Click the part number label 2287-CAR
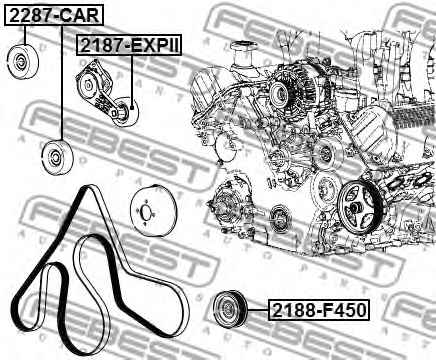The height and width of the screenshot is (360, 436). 54,15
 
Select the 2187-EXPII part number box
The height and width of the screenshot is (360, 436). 130,45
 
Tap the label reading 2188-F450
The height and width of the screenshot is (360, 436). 319,310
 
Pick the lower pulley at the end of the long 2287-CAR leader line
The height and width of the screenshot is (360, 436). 57,157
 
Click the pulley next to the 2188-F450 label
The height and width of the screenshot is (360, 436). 230,309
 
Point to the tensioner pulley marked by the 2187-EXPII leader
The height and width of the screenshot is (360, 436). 124,112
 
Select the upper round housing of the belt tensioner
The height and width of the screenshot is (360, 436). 88,83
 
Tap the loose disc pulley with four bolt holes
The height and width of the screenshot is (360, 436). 149,212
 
